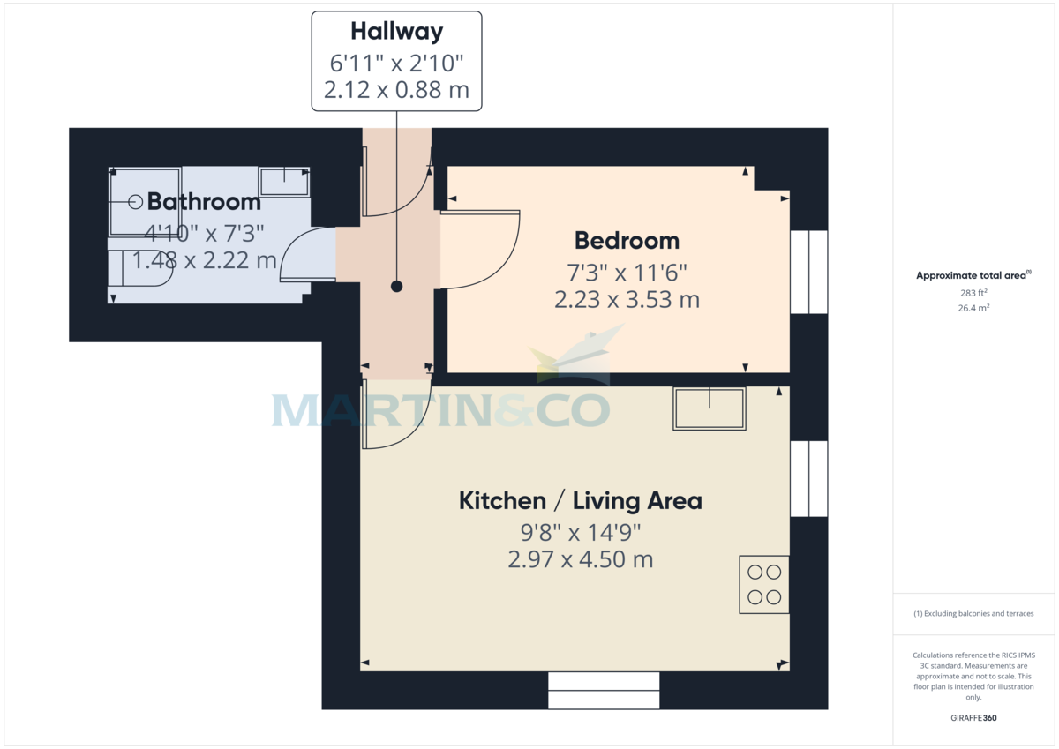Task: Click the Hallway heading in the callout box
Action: click(x=396, y=32)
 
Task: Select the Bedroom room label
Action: click(x=627, y=240)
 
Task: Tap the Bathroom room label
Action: click(x=204, y=202)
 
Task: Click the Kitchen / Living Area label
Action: click(x=580, y=501)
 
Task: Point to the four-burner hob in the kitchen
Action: click(x=764, y=584)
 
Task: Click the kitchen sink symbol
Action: click(x=710, y=408)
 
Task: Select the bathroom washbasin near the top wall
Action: click(x=284, y=181)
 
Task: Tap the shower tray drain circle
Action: click(x=136, y=202)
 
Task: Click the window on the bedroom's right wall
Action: click(x=808, y=273)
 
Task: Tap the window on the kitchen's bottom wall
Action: click(x=604, y=690)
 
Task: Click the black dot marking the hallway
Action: click(x=396, y=287)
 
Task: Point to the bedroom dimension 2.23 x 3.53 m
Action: click(x=627, y=300)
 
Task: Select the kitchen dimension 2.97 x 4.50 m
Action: click(x=580, y=559)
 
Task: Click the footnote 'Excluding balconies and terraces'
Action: click(x=973, y=613)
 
